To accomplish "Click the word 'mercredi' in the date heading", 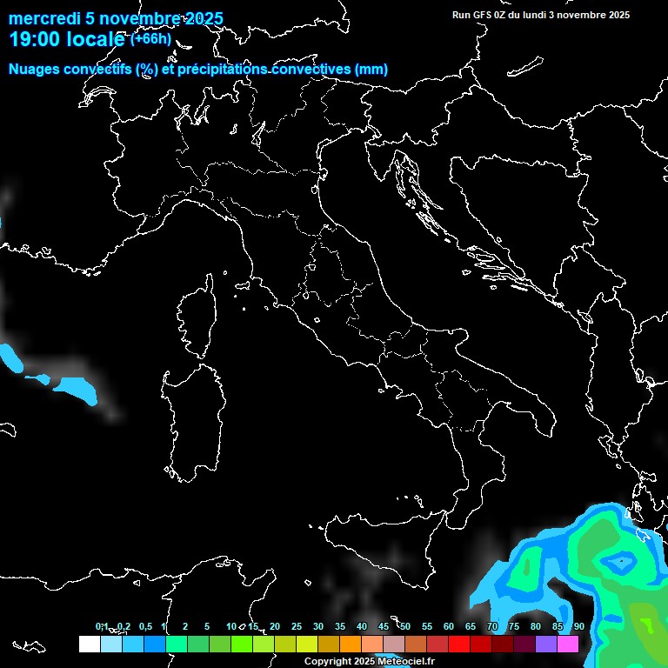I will tap(42, 19).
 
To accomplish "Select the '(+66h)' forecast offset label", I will tap(150, 38).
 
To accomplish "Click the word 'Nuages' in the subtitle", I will tap(34, 70).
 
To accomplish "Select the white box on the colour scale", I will tap(89, 644).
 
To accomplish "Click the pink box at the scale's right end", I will tap(568, 644).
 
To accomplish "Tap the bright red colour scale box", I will tap(459, 644).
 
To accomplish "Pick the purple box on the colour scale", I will tap(546, 644).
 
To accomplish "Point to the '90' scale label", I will tap(578, 626).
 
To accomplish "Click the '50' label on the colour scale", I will tap(404, 626).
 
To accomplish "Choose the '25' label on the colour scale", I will tap(296, 626).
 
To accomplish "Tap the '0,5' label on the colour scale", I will tap(144, 626).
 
